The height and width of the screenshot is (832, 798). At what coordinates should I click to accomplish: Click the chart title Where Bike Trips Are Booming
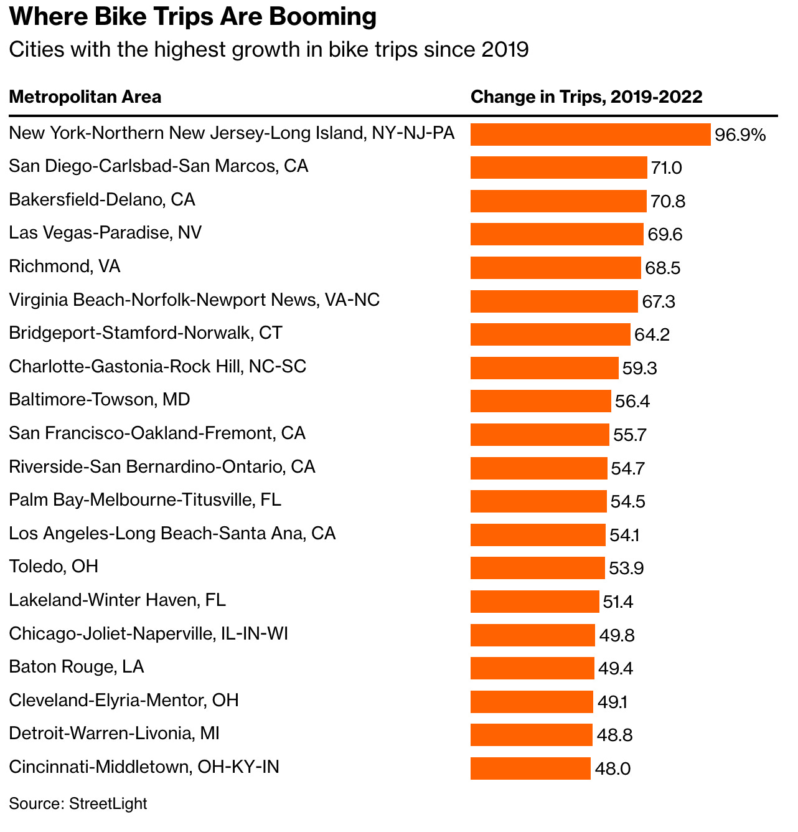[193, 17]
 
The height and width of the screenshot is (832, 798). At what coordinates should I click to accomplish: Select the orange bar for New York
[590, 135]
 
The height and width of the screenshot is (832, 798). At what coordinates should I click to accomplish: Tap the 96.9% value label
[740, 135]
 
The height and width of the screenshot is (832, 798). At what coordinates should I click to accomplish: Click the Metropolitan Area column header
[85, 97]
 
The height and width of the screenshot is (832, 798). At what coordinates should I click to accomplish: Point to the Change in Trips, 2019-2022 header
[586, 97]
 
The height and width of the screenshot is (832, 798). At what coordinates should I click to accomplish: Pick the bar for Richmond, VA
[555, 268]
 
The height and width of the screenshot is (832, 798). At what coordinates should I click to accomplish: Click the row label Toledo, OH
[54, 567]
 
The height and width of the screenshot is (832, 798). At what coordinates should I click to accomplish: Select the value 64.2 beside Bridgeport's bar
[652, 335]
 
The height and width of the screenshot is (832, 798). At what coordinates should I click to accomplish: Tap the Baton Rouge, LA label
[77, 667]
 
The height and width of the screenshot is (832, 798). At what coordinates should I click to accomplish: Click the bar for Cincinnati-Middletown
[530, 768]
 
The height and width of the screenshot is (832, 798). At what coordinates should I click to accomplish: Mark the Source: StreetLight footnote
[78, 803]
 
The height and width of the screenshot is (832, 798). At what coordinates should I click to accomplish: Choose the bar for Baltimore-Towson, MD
[540, 401]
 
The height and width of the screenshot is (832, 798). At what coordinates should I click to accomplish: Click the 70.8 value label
[668, 202]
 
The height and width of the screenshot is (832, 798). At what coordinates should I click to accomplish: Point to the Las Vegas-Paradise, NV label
[105, 233]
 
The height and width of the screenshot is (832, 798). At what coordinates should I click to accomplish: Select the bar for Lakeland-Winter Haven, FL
[535, 602]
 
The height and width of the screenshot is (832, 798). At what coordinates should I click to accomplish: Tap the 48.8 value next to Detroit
[614, 735]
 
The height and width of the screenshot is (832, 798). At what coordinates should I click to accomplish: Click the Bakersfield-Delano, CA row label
[102, 199]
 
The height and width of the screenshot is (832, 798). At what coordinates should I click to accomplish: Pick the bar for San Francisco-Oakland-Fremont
[540, 435]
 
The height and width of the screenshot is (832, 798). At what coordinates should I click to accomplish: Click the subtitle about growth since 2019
[268, 49]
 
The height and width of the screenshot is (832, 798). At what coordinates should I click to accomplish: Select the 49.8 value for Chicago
[617, 635]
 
